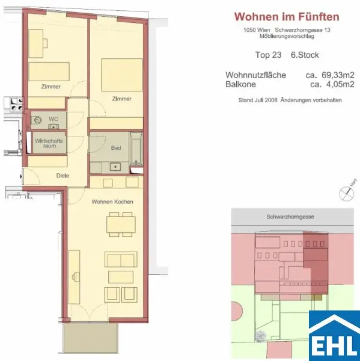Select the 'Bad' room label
(x=116, y=148)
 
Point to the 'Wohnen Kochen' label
(x=112, y=202)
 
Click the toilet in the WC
(x=39, y=119)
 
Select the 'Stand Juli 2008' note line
(x=290, y=100)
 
